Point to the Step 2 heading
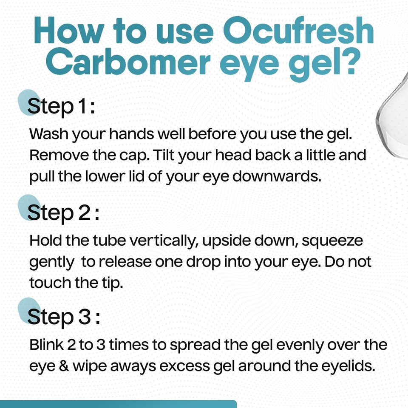coord(63,212)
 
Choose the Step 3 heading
coord(64,317)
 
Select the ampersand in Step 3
coord(55,365)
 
